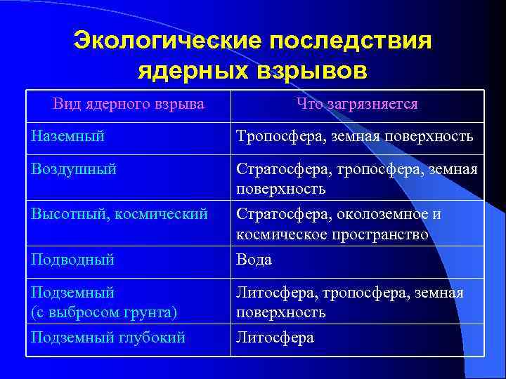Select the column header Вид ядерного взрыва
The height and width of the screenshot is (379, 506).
pyautogui.click(x=128, y=105)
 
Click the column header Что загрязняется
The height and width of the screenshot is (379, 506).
pyautogui.click(x=357, y=105)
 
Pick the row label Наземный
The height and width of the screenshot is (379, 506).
pyautogui.click(x=68, y=136)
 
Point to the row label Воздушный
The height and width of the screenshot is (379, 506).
pyautogui.click(x=74, y=169)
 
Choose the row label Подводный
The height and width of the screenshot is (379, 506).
pyautogui.click(x=72, y=260)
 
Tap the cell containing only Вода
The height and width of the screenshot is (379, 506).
pyautogui.click(x=254, y=260)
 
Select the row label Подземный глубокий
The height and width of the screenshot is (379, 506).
pyautogui.click(x=108, y=338)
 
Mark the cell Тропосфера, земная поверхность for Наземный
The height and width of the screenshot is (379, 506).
pyautogui.click(x=355, y=136)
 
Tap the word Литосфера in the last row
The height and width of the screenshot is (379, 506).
pyautogui.click(x=275, y=338)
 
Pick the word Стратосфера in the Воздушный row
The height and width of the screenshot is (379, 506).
pyautogui.click(x=283, y=169)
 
